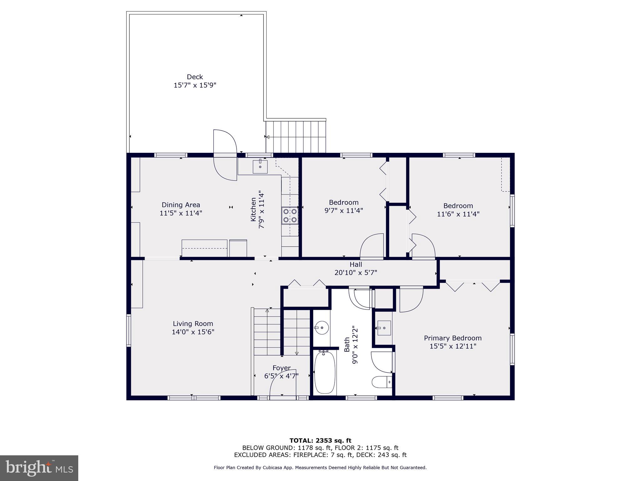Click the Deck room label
tap(195, 77)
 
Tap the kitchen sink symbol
tap(260, 166)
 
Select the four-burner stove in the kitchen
tap(290, 215)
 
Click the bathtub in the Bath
tap(325, 372)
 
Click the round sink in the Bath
tap(321, 328)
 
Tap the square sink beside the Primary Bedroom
tap(384, 328)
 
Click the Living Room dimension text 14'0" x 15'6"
tap(193, 332)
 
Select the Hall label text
tap(356, 265)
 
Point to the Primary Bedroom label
tap(453, 338)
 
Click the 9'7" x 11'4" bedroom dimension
tap(344, 210)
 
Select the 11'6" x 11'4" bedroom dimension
tap(458, 214)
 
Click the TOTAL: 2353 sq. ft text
tap(320, 441)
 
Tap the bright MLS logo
tap(39, 468)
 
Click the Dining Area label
tap(181, 205)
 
